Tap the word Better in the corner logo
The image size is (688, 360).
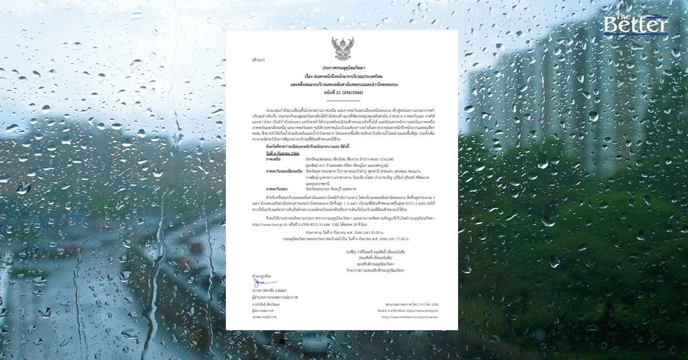coord(635,25)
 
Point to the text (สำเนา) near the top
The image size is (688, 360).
coord(258,60)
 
